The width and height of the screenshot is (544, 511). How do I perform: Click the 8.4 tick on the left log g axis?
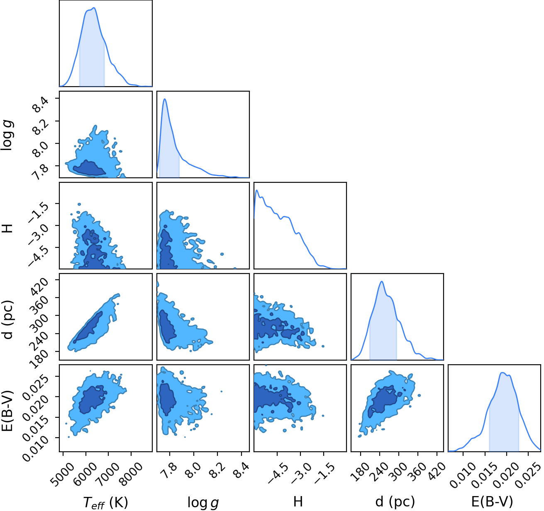click(41, 104)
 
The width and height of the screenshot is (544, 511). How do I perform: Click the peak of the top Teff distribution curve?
click(94, 7)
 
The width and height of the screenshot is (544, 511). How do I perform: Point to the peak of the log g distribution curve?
click(165, 99)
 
